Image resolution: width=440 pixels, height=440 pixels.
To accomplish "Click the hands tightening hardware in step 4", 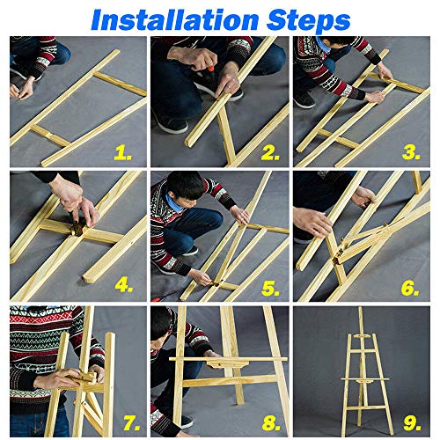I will [x=84, y=211].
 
